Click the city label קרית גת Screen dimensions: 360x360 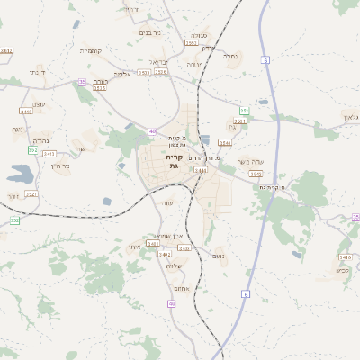174,161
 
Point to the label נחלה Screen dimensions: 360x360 230,56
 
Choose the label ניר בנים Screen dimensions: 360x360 150,32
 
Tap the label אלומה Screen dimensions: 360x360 123,74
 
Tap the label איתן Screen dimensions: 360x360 135,247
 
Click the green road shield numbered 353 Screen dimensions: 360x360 244,111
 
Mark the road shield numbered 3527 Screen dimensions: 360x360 31,193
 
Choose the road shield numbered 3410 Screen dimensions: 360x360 346,256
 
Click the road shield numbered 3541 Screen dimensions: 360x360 225,142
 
